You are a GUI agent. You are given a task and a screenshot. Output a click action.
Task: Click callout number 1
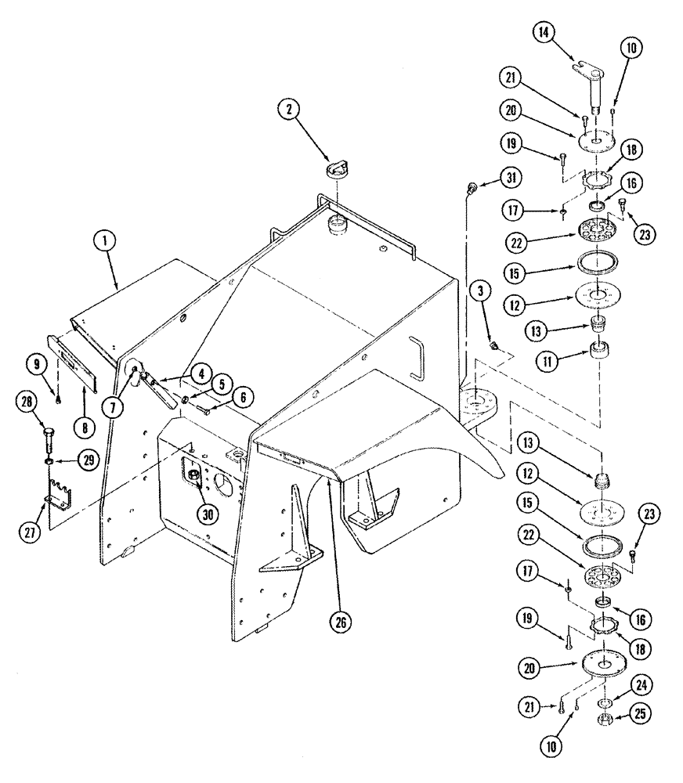(x=103, y=243)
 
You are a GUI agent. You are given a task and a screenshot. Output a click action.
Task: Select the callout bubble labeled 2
(x=290, y=111)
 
